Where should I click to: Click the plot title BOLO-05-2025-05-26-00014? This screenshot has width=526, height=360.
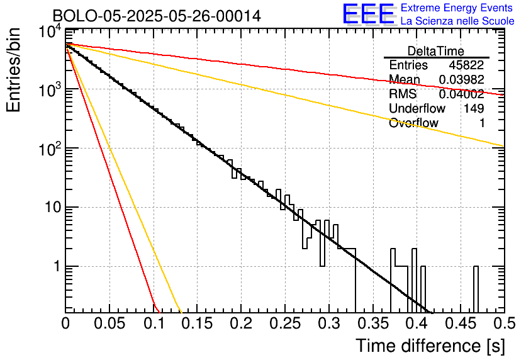[157, 16]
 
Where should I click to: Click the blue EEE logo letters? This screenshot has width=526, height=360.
[369, 14]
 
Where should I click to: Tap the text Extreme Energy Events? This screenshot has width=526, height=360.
[457, 8]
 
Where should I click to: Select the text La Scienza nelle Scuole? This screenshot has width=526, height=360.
[457, 21]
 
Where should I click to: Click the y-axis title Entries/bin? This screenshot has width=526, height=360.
[13, 70]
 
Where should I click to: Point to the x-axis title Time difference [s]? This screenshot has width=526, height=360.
[430, 346]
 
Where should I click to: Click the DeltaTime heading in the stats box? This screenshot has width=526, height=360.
[436, 51]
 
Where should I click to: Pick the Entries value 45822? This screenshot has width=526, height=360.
[466, 65]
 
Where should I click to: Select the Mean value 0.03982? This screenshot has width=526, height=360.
[462, 79]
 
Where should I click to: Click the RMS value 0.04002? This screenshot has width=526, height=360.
[462, 94]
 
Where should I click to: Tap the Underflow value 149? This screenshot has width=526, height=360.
[474, 108]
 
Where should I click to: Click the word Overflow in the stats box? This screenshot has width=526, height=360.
[413, 123]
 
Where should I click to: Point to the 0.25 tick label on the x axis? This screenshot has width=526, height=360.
[285, 323]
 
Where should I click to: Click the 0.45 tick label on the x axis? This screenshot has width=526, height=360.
[461, 323]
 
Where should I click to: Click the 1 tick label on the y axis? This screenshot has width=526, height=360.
[57, 266]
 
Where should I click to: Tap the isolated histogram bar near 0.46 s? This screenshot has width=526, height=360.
[476, 290]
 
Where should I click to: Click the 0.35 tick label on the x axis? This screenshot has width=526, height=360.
[372, 323]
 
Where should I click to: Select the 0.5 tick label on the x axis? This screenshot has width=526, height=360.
[504, 323]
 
